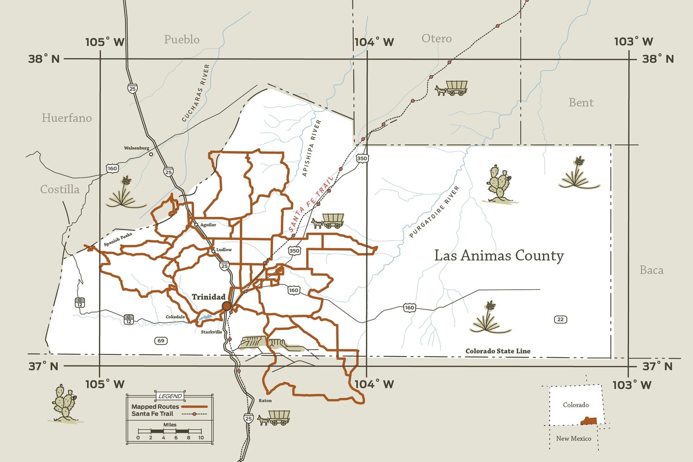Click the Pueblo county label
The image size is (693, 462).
tap(182, 40)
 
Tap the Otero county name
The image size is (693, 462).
tap(436, 38)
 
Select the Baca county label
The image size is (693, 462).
tap(651, 270)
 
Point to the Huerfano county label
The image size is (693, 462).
tap(67, 118)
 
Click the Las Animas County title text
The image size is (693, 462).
tap(499, 255)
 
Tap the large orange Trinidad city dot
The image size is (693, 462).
tap(226, 306)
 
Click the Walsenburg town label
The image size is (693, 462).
tap(136, 148)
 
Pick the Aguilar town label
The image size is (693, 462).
tap(208, 225)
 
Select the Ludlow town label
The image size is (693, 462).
tap(224, 250)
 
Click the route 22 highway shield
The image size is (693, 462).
tap(560, 319)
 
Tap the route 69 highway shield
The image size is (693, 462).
tap(161, 341)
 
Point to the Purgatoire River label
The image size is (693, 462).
tap(435, 212)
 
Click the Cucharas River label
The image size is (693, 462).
tap(196, 93)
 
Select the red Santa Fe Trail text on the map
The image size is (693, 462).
tap(310, 204)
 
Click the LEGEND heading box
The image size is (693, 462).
tap(170, 396)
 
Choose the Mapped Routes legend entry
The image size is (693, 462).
tap(155, 407)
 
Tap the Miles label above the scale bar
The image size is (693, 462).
tap(170, 425)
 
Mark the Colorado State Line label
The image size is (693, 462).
tap(498, 351)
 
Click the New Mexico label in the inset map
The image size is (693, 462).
tap(573, 438)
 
